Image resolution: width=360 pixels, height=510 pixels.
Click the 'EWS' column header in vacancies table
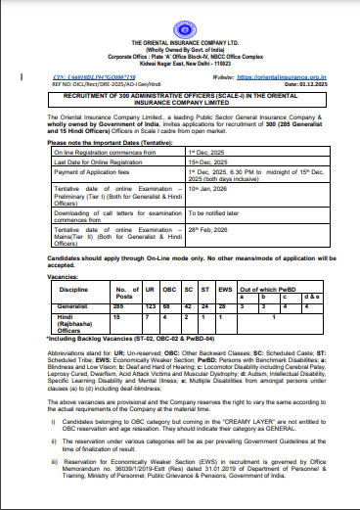[x=224, y=291]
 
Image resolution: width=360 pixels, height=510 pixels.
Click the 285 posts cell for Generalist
[x=121, y=306]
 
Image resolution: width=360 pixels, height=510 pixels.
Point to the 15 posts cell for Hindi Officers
[x=119, y=315]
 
